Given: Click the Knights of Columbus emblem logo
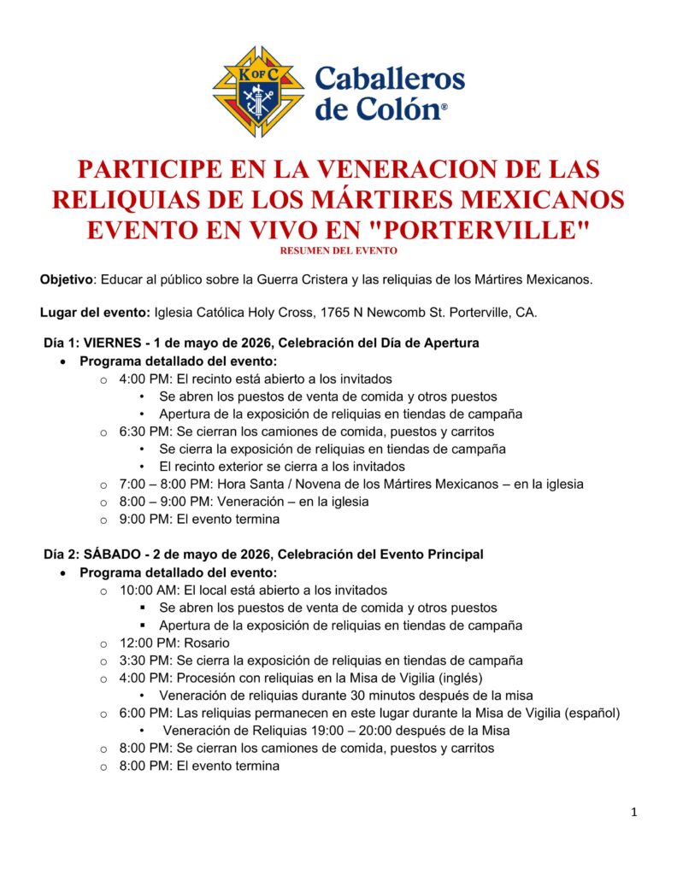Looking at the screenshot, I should [x=259, y=92].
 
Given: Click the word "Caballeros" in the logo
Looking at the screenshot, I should [x=390, y=79].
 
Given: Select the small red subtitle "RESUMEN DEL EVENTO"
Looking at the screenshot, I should [x=338, y=250].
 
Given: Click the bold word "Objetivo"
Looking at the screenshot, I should [x=66, y=280].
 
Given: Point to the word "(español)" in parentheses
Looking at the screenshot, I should [x=592, y=713].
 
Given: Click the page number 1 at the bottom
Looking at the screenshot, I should [x=633, y=813].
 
